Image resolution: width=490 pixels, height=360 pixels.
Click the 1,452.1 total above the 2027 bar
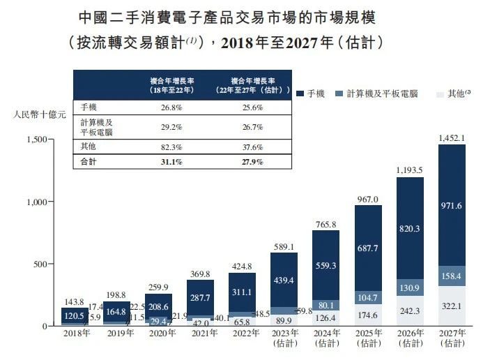tap(452, 137)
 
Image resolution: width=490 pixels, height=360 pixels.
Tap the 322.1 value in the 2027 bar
tap(452, 306)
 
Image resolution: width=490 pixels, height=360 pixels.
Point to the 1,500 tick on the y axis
tap(34, 140)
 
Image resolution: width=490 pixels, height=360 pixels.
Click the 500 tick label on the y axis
tap(39, 264)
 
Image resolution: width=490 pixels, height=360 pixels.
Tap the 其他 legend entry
tap(457, 93)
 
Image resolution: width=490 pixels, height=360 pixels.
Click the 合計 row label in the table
tap(89, 162)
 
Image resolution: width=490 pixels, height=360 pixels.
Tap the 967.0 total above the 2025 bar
tap(368, 199)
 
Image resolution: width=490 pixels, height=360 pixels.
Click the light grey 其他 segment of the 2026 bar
tap(410, 310)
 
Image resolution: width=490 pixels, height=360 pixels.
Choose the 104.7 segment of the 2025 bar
tap(368, 297)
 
